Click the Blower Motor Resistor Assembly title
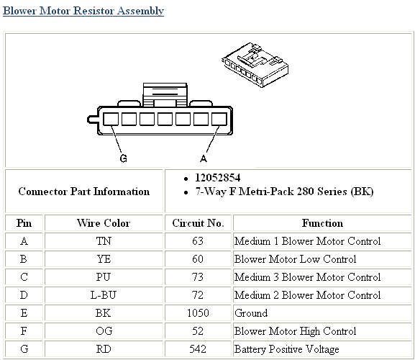click(x=83, y=12)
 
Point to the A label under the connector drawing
click(x=204, y=158)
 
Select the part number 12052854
click(x=217, y=177)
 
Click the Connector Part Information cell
click(x=84, y=192)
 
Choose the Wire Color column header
click(x=103, y=223)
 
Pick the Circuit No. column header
click(x=198, y=223)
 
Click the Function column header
click(x=322, y=223)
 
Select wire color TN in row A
click(x=103, y=241)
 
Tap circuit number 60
click(x=198, y=259)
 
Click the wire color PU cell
click(x=103, y=277)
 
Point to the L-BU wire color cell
click(x=103, y=295)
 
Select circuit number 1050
click(x=198, y=313)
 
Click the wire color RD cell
click(x=103, y=349)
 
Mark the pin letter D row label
click(x=24, y=295)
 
